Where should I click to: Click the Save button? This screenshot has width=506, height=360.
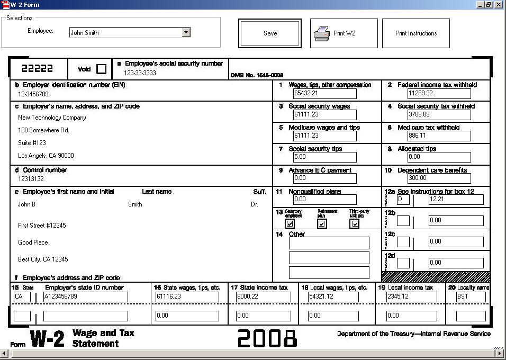270,33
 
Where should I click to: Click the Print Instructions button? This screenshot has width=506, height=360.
415,33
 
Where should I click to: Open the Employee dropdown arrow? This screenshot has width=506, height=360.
186,32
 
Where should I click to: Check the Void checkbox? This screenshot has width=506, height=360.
101,69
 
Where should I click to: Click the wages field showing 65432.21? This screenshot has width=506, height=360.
324,94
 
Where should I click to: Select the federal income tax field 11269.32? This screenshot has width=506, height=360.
439,94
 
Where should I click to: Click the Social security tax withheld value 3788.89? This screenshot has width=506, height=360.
439,115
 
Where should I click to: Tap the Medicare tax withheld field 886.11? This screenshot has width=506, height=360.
439,136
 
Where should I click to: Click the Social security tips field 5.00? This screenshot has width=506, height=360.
324,157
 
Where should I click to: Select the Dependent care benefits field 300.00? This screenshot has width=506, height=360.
439,178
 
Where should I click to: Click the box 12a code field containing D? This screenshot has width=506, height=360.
403,200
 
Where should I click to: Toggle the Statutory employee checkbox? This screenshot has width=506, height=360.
290,224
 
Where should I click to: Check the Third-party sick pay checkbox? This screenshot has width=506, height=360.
355,224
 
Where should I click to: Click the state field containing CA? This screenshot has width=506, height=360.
22,297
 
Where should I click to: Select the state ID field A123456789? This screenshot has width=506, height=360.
85,297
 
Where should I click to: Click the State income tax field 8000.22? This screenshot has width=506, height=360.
263,297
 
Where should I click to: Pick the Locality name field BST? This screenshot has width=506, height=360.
471,297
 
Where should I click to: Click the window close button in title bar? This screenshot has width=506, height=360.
499,5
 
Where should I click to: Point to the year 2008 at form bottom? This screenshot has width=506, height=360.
267,338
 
